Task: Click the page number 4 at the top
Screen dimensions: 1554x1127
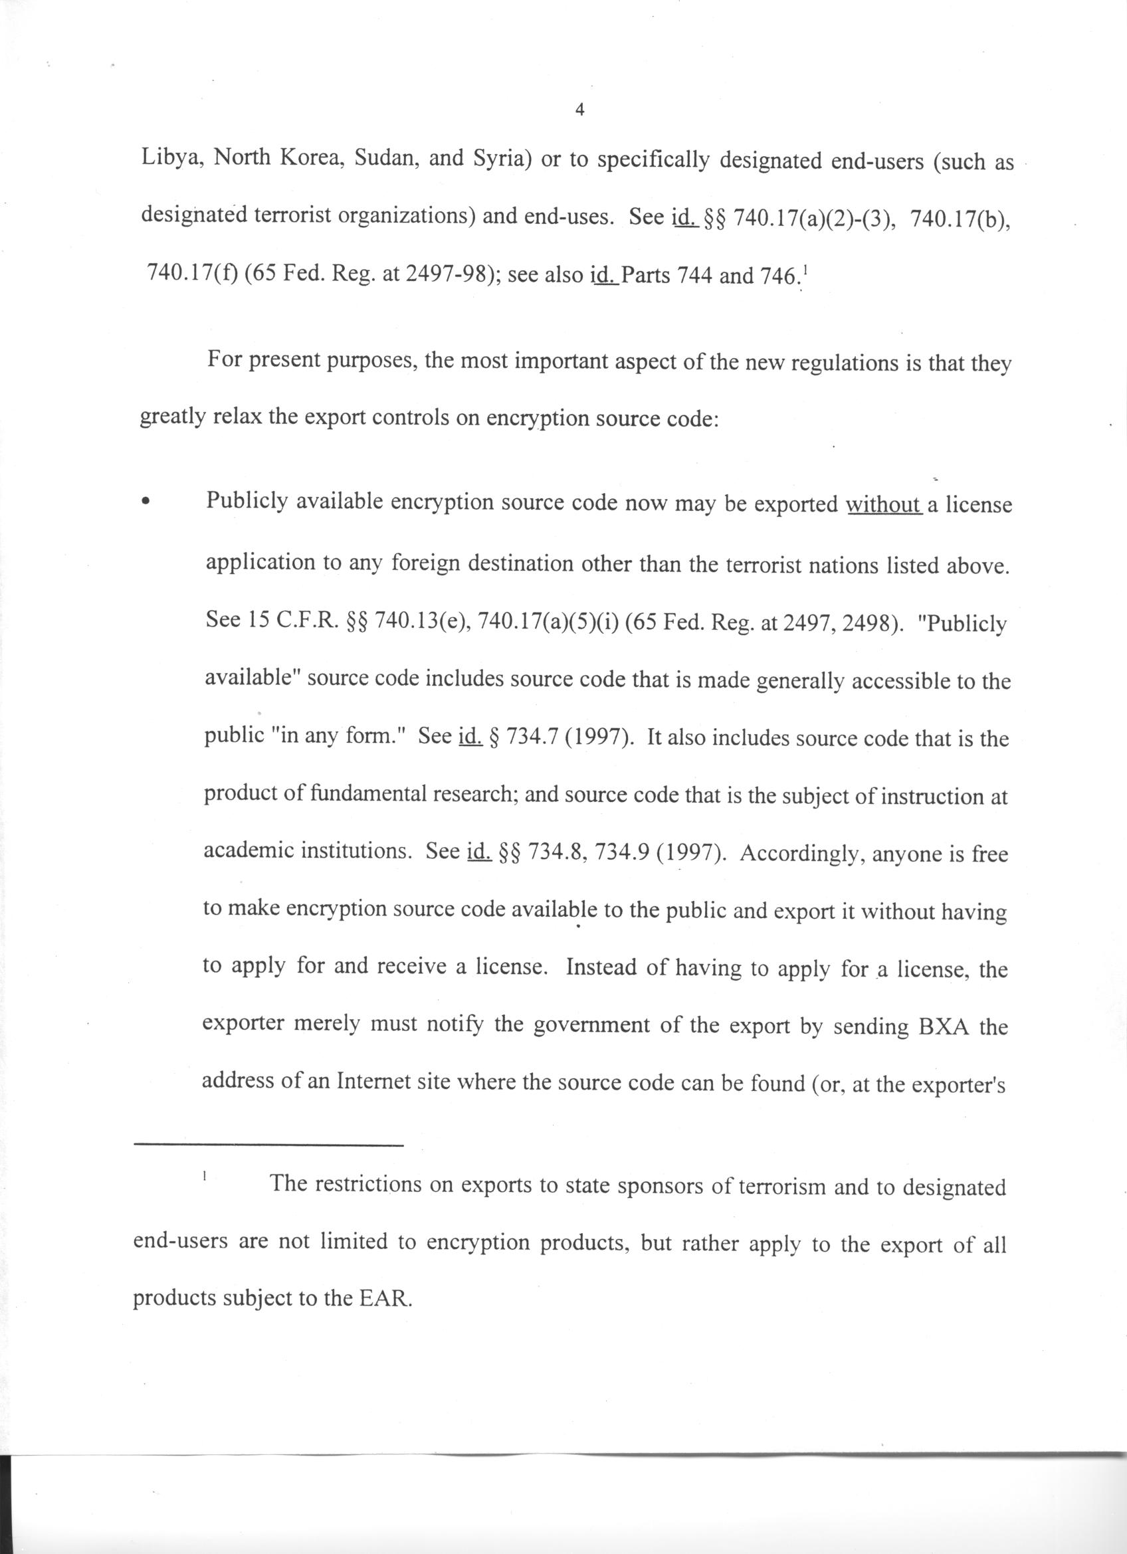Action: click(x=579, y=110)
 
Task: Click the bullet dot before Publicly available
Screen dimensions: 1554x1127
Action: click(x=145, y=502)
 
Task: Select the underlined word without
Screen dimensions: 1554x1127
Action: click(x=883, y=505)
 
